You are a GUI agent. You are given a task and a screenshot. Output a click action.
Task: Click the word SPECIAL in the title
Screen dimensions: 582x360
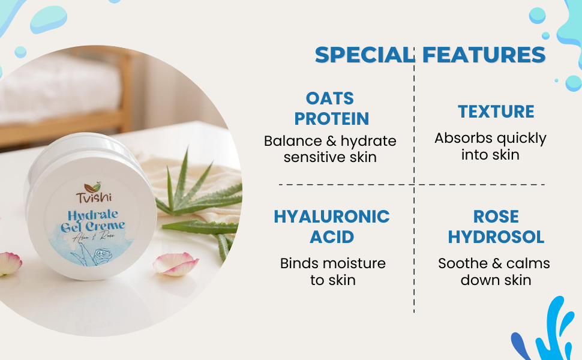(x=365, y=55)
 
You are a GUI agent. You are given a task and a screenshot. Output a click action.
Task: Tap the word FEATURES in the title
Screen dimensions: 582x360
(x=484, y=55)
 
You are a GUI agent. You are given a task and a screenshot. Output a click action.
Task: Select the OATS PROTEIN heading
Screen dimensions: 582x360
(x=331, y=109)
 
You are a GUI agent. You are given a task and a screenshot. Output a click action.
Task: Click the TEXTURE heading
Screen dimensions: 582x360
(x=496, y=112)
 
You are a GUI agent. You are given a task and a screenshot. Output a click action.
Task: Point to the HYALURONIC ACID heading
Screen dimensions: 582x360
(x=331, y=227)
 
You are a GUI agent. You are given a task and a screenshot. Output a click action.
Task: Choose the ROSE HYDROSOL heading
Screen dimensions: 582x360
(x=496, y=227)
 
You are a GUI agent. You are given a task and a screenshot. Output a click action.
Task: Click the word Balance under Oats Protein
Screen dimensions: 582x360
(x=293, y=141)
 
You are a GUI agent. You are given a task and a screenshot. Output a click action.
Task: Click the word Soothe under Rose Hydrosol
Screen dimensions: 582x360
(x=463, y=263)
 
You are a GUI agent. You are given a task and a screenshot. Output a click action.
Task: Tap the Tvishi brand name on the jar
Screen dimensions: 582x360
(x=94, y=197)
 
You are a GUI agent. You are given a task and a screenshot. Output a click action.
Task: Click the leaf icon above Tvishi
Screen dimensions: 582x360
(x=92, y=187)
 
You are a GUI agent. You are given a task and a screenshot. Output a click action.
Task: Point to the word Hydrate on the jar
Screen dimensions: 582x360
(x=93, y=215)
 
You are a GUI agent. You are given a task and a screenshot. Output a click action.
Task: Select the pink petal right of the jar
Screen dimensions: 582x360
(x=176, y=264)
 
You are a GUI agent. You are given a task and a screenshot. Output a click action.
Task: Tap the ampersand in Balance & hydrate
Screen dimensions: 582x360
(x=331, y=141)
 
